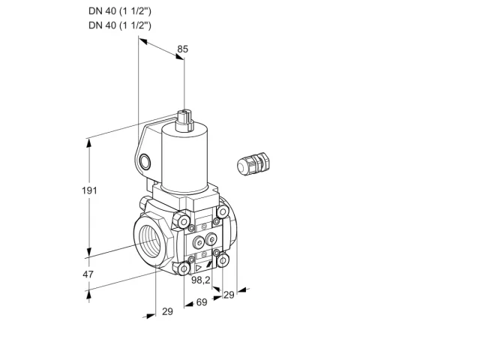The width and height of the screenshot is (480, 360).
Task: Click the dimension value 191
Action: (x=89, y=190)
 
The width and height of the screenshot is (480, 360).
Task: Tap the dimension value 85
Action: (x=183, y=49)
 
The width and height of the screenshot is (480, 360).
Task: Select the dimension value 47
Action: (x=88, y=274)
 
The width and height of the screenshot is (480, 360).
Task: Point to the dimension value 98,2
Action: (x=201, y=280)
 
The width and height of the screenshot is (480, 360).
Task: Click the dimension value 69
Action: (x=202, y=302)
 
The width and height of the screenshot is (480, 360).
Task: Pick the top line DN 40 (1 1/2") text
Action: (x=120, y=11)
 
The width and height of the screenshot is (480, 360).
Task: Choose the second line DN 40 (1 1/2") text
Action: (x=120, y=25)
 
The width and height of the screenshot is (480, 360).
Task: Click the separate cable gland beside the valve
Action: (x=253, y=163)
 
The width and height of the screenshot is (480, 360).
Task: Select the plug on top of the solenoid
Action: (x=184, y=120)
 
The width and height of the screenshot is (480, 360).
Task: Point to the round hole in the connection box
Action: (x=145, y=162)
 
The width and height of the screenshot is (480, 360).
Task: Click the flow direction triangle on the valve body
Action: (x=199, y=268)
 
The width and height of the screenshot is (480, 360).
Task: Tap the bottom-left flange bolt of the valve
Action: (x=184, y=268)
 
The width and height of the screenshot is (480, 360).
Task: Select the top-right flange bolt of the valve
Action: (x=223, y=211)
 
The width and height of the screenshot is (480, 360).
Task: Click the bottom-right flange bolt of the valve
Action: (x=223, y=260)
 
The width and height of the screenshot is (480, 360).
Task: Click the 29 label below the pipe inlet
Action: (x=167, y=311)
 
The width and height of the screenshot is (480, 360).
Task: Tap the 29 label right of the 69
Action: (x=229, y=295)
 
